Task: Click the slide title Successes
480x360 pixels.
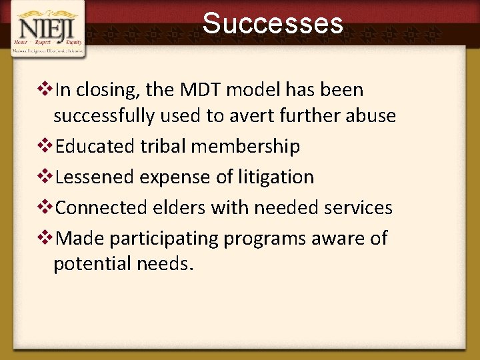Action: [273, 23]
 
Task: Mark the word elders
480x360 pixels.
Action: [182, 207]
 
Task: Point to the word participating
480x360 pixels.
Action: [165, 239]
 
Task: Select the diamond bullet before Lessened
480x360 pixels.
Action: [46, 177]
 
